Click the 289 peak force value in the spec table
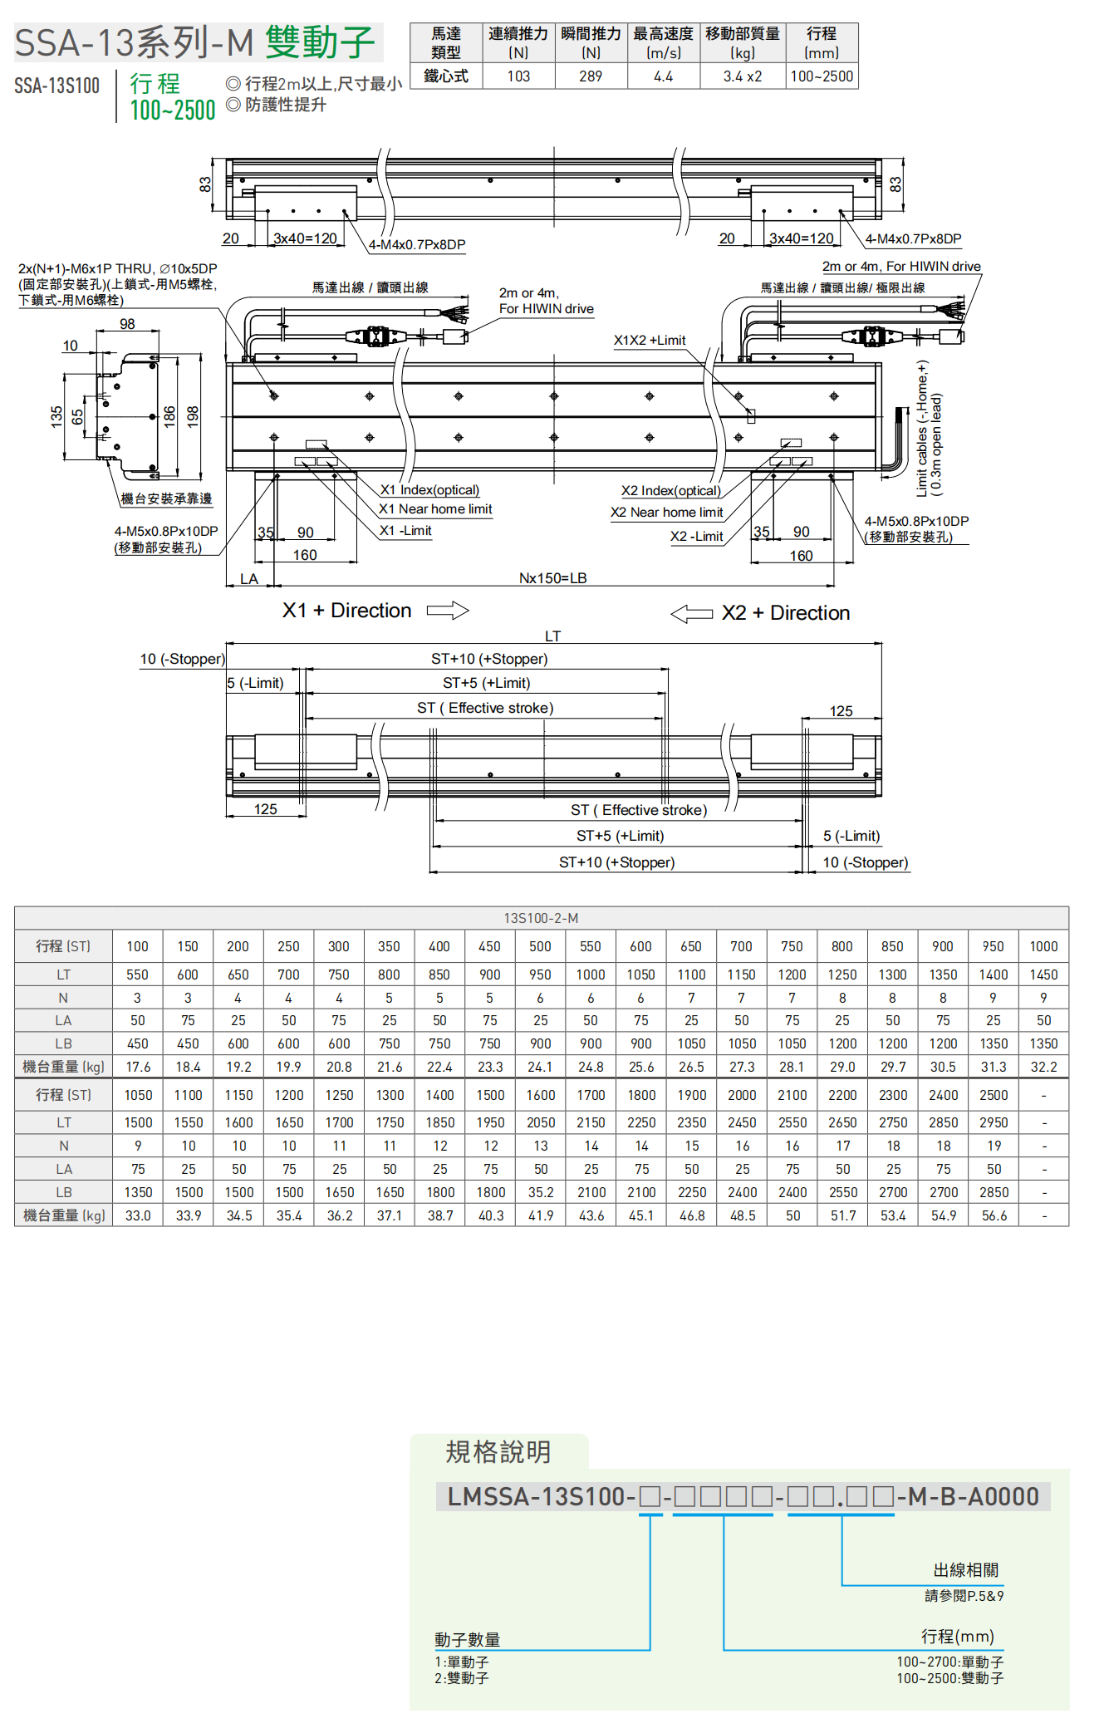click(x=591, y=76)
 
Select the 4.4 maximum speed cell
click(x=663, y=76)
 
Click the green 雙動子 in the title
click(x=321, y=42)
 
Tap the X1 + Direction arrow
click(x=448, y=611)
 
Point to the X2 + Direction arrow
click(x=691, y=614)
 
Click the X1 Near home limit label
click(x=435, y=509)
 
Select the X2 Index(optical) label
click(x=670, y=491)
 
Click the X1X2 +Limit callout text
click(x=650, y=341)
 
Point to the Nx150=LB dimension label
click(x=552, y=578)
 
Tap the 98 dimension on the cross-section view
click(x=127, y=324)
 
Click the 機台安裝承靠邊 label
click(x=166, y=498)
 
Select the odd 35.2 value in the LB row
click(x=541, y=1192)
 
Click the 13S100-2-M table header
click(x=541, y=918)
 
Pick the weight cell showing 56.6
click(x=994, y=1215)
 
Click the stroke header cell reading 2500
click(x=994, y=1095)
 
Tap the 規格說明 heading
click(x=498, y=1452)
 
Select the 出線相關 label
click(x=965, y=1570)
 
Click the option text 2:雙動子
click(x=462, y=1678)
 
